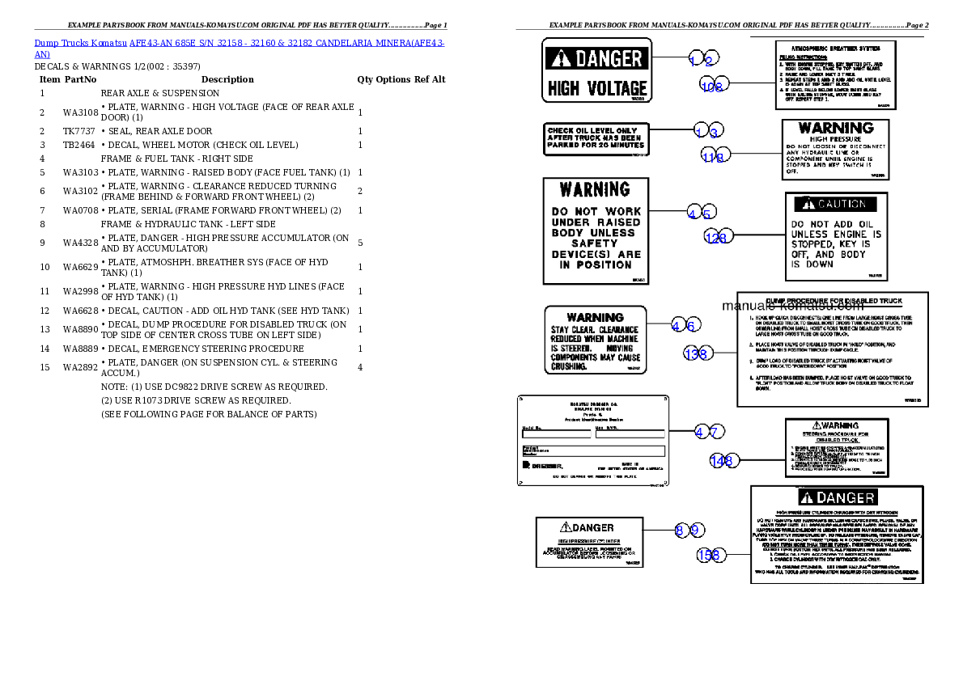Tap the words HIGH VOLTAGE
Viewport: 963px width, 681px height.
click(x=597, y=88)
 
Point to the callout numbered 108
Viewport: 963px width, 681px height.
click(x=714, y=85)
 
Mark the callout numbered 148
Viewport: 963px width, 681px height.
click(x=722, y=460)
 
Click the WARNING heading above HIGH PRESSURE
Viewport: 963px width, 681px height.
click(x=836, y=129)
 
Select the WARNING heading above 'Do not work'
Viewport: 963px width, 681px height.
click(x=596, y=190)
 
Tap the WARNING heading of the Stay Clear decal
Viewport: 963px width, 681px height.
click(x=595, y=318)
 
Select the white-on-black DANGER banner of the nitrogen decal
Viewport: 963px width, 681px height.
click(x=837, y=497)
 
